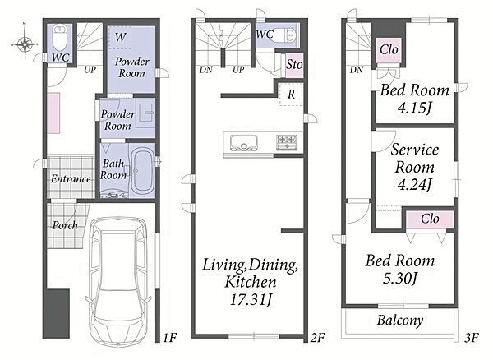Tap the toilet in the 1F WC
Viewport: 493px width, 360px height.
click(59, 38)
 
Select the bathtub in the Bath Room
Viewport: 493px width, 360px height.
click(142, 171)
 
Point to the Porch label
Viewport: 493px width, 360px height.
click(65, 225)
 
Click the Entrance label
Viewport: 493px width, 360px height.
click(71, 179)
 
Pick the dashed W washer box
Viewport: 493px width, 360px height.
click(120, 38)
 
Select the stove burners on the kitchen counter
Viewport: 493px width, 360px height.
click(287, 141)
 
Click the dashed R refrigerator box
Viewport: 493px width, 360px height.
click(291, 95)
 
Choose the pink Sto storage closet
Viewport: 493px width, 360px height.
click(294, 65)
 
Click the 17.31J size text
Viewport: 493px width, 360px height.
click(251, 299)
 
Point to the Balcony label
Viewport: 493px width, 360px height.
click(400, 321)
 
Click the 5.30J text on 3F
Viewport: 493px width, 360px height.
click(400, 278)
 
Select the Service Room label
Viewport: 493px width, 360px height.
click(415, 158)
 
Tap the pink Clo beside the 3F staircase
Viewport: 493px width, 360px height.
click(389, 50)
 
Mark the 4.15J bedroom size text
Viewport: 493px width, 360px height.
click(414, 108)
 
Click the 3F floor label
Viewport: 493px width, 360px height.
click(472, 338)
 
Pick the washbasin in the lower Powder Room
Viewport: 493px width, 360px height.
click(145, 113)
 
